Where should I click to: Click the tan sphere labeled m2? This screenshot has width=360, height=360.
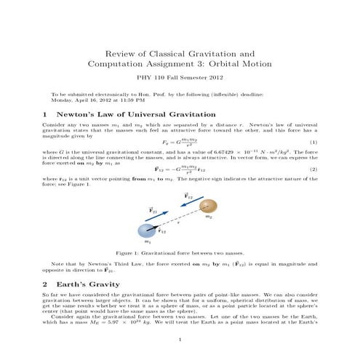[208, 205]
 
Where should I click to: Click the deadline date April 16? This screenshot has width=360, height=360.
[80, 100]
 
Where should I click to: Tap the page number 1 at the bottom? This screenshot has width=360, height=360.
[180, 339]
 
